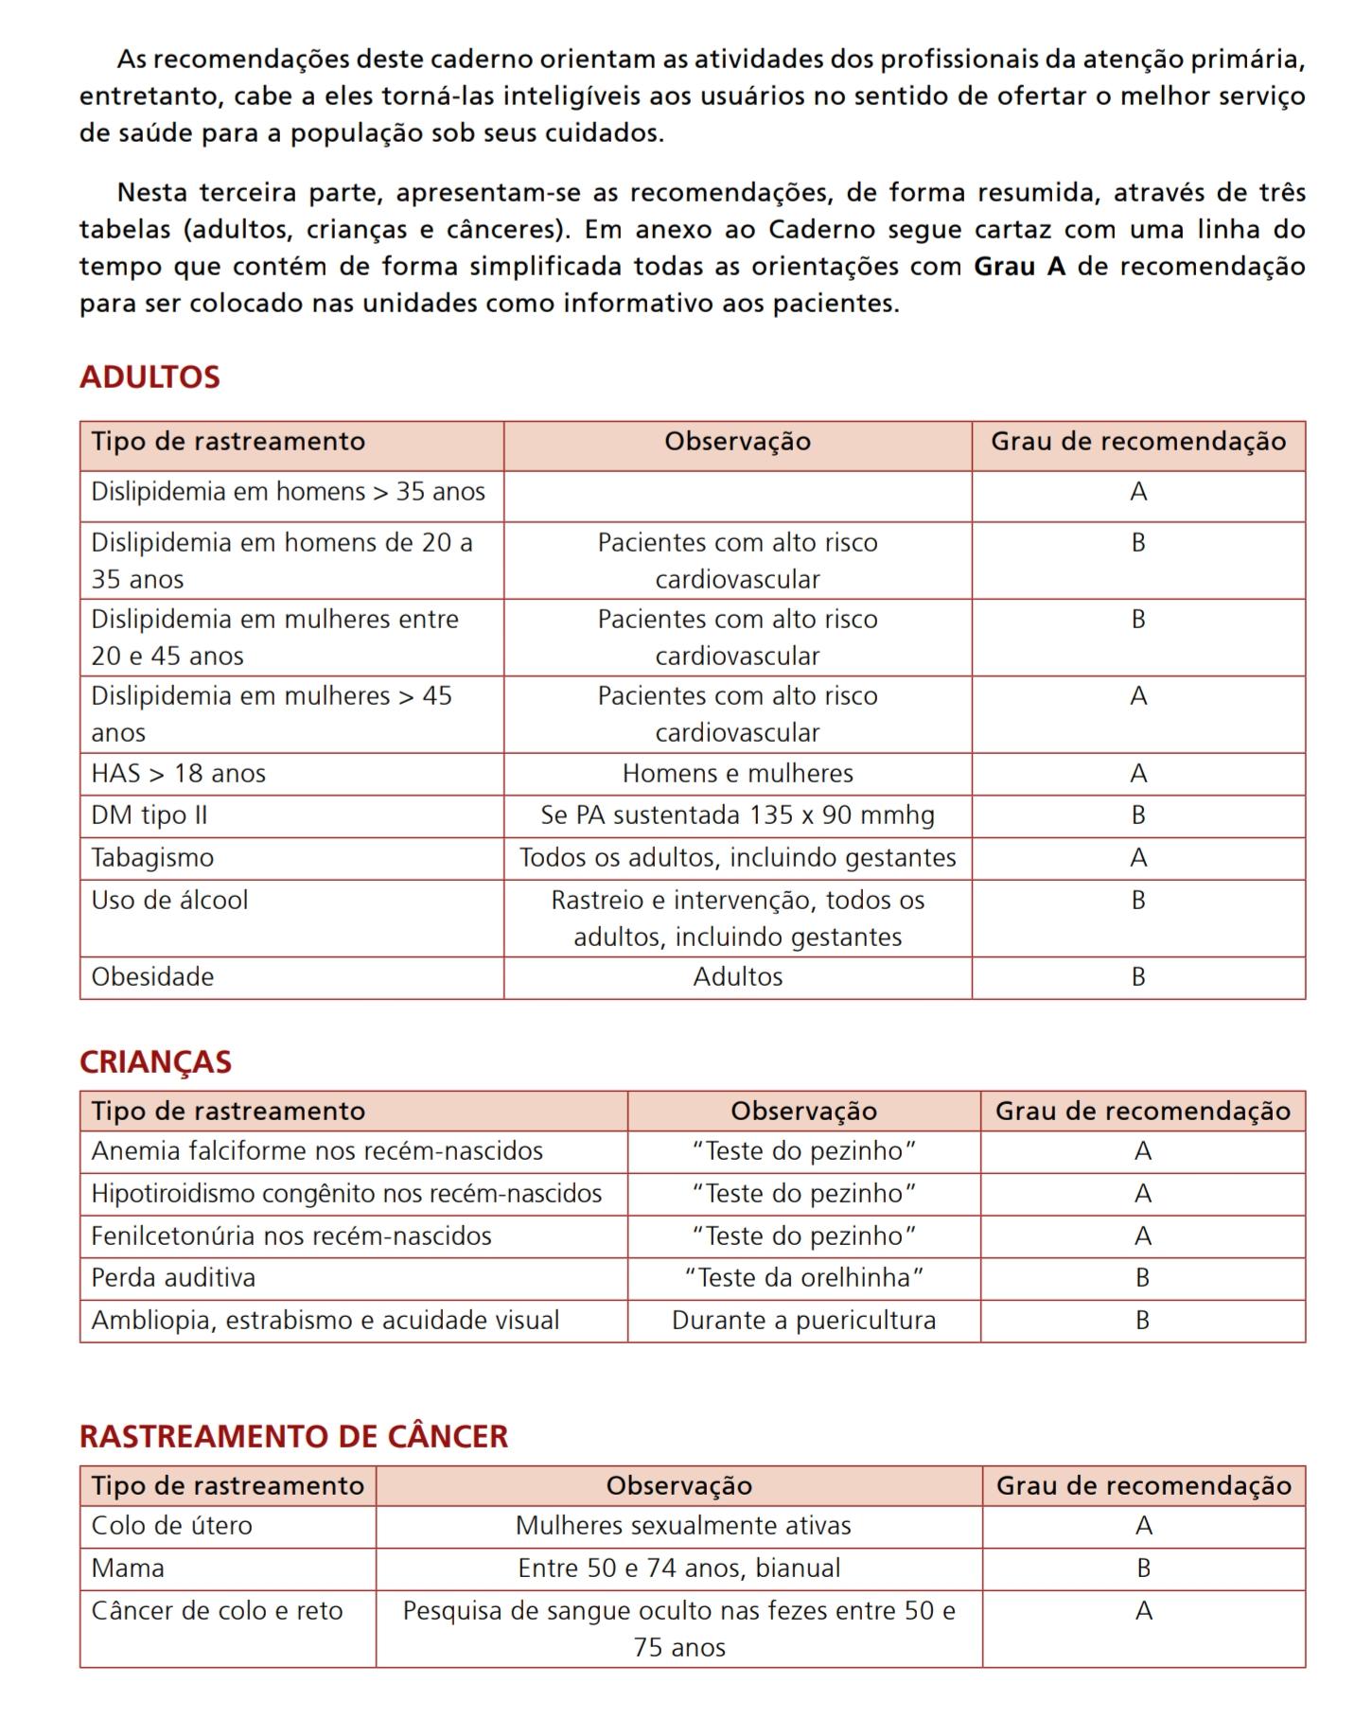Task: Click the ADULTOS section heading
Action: click(150, 377)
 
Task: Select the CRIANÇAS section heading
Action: click(155, 1061)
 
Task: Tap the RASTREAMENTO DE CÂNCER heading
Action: click(293, 1436)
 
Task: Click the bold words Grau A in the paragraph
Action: click(1019, 267)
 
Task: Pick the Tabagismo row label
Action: click(152, 857)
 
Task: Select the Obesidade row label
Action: click(152, 976)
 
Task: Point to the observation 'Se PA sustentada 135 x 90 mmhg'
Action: click(737, 815)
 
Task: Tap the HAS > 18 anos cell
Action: click(178, 773)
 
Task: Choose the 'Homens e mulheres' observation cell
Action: click(737, 773)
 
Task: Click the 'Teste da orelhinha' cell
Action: click(803, 1277)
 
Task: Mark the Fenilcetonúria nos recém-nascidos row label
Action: click(291, 1236)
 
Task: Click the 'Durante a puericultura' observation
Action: click(803, 1320)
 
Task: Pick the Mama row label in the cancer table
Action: click(128, 1568)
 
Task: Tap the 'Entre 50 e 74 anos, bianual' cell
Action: click(678, 1568)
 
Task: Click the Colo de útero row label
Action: click(171, 1525)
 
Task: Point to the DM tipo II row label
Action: click(149, 815)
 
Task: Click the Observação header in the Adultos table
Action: click(737, 442)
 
